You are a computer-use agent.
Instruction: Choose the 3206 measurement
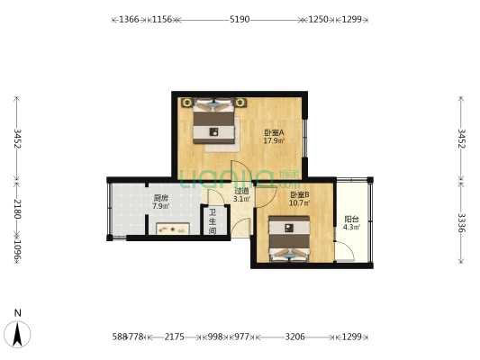(295, 337)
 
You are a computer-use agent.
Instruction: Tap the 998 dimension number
(214, 337)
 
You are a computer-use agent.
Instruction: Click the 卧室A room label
(274, 132)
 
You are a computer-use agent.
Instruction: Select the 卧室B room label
(300, 195)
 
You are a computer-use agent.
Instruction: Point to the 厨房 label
(160, 198)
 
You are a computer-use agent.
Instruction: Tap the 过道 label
(241, 191)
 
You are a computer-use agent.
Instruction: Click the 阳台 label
(351, 219)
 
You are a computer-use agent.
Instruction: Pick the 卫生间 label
(213, 222)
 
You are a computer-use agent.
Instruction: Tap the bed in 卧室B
(290, 238)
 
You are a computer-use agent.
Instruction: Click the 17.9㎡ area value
(274, 141)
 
